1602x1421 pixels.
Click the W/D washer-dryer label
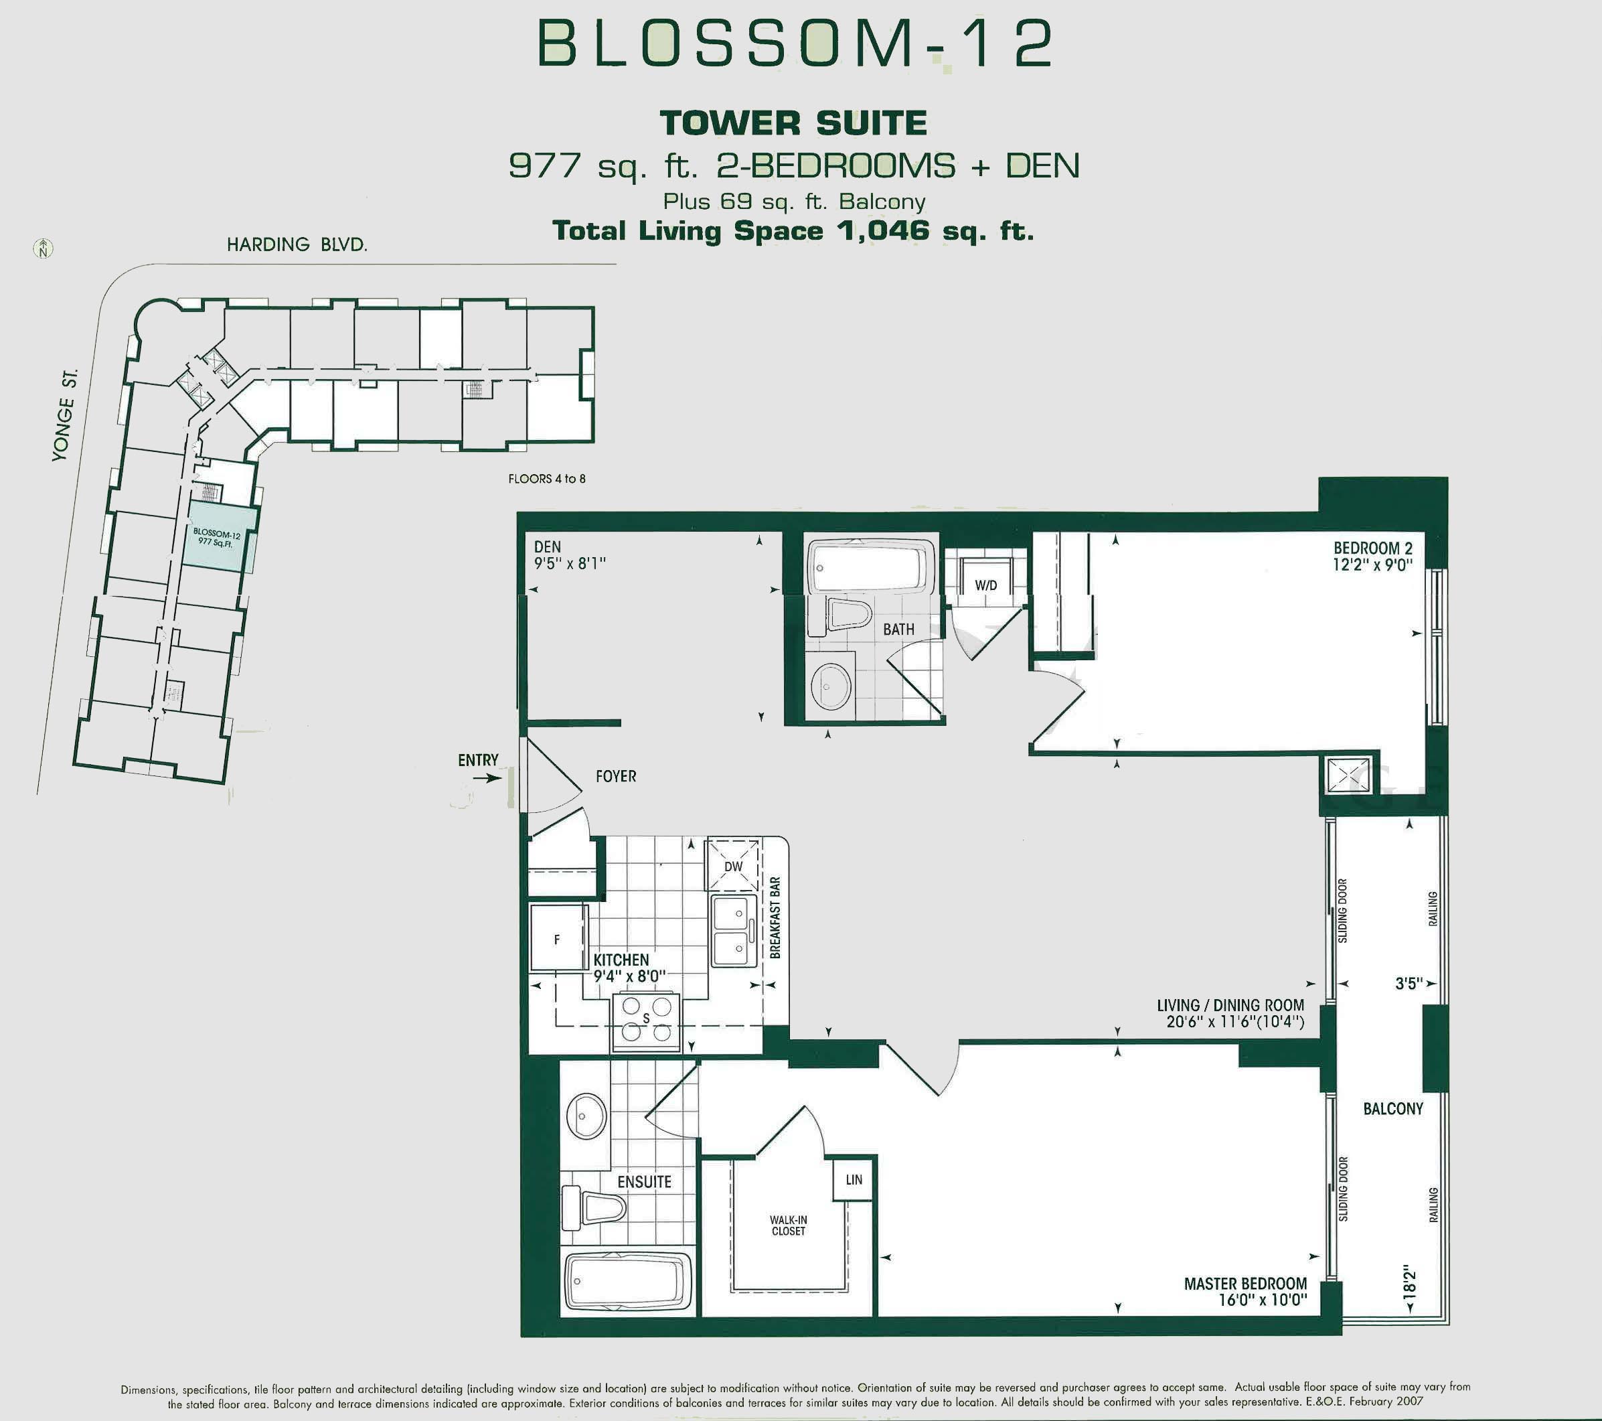point(986,585)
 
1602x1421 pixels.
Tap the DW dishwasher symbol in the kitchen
point(733,865)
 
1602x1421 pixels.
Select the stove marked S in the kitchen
point(646,1021)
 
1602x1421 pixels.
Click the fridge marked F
point(557,938)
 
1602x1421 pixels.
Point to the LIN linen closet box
point(854,1179)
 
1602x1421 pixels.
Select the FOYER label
point(615,776)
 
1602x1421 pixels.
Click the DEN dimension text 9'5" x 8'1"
point(570,564)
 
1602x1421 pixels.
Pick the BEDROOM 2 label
point(1372,548)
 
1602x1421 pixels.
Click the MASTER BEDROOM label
point(1245,1283)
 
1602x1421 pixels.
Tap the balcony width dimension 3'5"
point(1409,983)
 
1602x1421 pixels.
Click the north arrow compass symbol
point(43,249)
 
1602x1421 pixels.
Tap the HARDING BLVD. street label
point(297,244)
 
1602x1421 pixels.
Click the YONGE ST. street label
point(65,415)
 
